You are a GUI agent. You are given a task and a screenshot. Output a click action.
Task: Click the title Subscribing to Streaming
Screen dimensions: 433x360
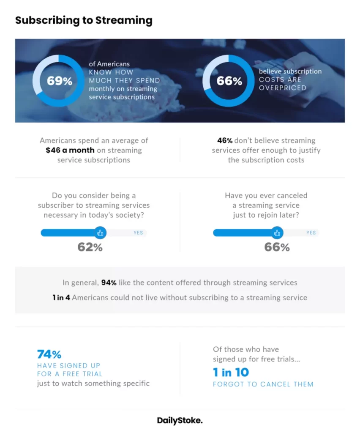click(x=84, y=20)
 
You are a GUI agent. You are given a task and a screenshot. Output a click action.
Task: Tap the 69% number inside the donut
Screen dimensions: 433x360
click(x=60, y=81)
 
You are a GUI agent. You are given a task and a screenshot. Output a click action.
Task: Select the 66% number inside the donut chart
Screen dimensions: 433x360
click(x=229, y=81)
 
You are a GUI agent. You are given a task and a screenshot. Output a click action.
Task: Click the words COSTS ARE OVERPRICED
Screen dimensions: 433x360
click(x=283, y=84)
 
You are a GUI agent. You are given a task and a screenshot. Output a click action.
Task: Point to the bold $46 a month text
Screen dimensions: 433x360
click(x=70, y=150)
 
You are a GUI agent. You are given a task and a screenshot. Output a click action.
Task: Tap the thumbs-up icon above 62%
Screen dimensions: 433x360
click(x=100, y=233)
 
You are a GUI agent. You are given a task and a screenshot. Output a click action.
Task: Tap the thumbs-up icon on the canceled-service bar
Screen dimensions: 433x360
click(x=277, y=233)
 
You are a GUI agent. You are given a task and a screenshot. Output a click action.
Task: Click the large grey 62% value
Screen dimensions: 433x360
click(x=90, y=247)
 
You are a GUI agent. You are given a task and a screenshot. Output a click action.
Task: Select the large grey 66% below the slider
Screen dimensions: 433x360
click(x=277, y=247)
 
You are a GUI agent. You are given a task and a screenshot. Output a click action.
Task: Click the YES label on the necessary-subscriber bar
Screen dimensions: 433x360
click(x=138, y=233)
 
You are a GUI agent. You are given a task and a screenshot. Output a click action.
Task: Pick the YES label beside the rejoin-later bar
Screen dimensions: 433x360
click(x=311, y=233)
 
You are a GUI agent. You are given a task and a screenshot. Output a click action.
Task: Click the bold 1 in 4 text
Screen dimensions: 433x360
click(x=61, y=298)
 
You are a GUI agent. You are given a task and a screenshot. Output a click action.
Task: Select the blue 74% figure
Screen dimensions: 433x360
click(x=49, y=354)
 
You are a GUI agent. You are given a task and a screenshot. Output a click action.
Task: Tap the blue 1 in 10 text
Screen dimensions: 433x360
click(x=231, y=372)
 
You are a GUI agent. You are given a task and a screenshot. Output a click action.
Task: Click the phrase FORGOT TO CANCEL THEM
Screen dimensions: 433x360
click(x=263, y=384)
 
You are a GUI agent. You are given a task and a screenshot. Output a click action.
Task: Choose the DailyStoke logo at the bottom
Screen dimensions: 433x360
click(x=180, y=420)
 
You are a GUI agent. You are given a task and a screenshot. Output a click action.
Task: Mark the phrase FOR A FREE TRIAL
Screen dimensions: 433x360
click(x=70, y=374)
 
